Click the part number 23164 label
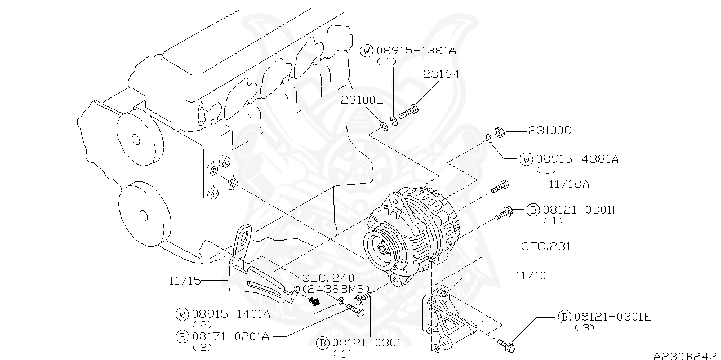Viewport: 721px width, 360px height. (x=442, y=74)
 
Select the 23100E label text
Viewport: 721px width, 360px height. (x=362, y=100)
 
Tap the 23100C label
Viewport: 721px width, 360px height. (x=549, y=131)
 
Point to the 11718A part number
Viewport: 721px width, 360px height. (x=569, y=184)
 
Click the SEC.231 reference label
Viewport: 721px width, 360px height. (x=546, y=246)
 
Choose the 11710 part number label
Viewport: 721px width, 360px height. (x=530, y=276)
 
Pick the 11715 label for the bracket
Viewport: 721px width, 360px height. (x=185, y=279)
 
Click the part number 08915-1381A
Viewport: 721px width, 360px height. (x=416, y=51)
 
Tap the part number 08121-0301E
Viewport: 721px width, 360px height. (x=612, y=317)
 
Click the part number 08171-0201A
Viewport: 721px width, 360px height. (x=230, y=337)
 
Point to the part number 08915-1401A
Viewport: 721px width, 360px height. (x=230, y=314)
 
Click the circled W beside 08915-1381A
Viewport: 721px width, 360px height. (x=367, y=51)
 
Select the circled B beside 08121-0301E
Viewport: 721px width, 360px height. (x=564, y=317)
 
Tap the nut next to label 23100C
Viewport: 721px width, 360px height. (x=499, y=131)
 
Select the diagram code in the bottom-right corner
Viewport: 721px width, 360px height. (x=687, y=355)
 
